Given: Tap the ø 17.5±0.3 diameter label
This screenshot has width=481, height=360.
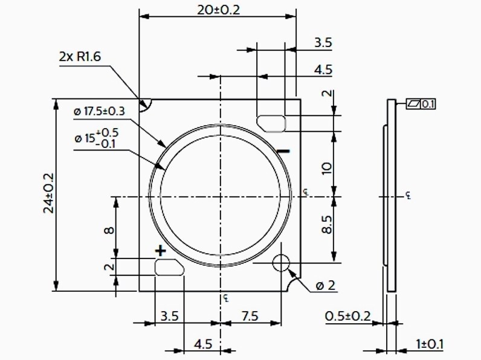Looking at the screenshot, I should [99, 112].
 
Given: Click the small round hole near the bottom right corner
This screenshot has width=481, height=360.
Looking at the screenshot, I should [281, 263].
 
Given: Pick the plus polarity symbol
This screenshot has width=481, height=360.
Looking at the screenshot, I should [160, 250].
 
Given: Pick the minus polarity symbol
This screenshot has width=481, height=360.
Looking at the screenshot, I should [285, 150].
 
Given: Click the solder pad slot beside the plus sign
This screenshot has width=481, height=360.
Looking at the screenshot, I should [169, 267].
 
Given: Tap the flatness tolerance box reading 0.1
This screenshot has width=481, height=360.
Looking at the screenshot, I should [421, 104].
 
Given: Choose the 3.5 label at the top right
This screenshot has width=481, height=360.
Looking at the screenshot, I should [323, 43].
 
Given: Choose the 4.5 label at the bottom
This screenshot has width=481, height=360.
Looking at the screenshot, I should [203, 344].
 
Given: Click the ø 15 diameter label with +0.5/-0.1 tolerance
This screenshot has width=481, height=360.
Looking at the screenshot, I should [97, 137].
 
